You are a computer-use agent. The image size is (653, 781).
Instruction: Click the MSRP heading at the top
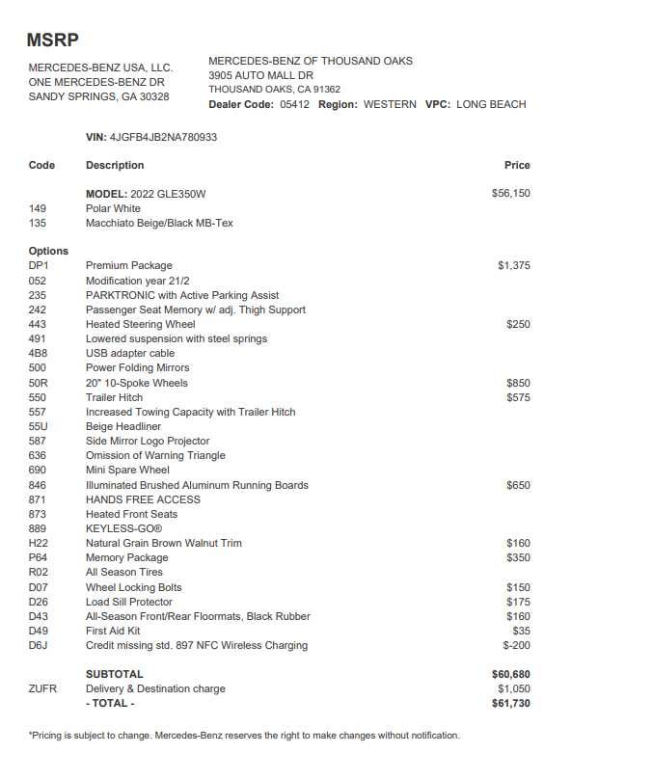(52, 40)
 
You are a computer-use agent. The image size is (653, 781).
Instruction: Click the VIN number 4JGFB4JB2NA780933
(163, 137)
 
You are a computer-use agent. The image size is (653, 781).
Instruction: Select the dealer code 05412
(294, 104)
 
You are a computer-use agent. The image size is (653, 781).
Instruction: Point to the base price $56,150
(510, 194)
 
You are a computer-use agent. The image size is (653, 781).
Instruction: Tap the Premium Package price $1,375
(513, 265)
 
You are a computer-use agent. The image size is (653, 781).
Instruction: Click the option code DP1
(39, 265)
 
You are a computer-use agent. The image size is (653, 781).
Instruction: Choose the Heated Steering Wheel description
(140, 324)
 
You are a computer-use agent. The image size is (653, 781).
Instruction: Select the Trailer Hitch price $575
(518, 397)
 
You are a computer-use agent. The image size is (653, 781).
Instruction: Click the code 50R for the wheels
(39, 383)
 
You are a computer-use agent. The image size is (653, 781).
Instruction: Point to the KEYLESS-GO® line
(123, 528)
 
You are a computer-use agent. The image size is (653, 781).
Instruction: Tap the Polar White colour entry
(113, 208)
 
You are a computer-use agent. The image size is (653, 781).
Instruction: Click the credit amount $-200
(516, 645)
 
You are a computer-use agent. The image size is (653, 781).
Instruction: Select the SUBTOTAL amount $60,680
(510, 674)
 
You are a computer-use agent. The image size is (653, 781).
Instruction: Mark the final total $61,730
(510, 703)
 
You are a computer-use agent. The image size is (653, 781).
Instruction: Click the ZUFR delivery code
(42, 688)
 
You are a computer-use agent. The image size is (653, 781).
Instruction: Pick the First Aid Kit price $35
(521, 631)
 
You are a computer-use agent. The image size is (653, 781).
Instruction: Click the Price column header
(517, 165)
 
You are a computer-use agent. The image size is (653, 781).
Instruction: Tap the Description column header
(115, 165)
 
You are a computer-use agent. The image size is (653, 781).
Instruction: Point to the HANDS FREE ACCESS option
(143, 499)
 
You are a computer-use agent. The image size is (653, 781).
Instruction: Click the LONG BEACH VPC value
(491, 104)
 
